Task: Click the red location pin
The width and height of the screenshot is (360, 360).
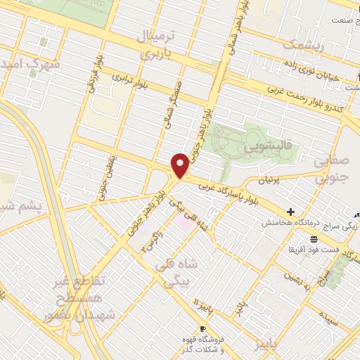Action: click(181, 165)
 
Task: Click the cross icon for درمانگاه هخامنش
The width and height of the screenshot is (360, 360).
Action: click(290, 212)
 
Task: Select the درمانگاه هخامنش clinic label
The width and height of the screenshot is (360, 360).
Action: click(288, 223)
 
